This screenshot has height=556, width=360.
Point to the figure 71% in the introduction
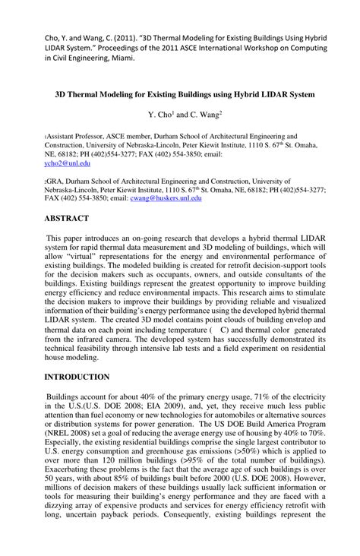point(264,396)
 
